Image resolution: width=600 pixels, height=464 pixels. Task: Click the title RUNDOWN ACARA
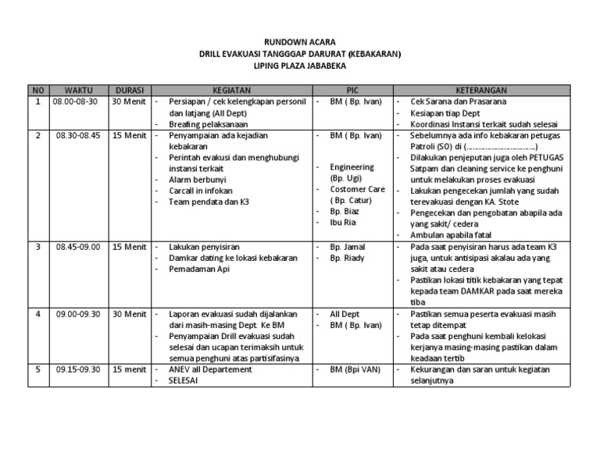(x=300, y=42)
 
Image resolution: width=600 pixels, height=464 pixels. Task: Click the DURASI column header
(x=128, y=90)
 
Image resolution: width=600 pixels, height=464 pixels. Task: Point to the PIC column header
(x=352, y=90)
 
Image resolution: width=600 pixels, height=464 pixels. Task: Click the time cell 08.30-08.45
(x=78, y=135)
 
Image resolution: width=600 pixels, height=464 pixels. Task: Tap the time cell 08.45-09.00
(x=78, y=247)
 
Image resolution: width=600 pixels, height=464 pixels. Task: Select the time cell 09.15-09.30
(x=78, y=369)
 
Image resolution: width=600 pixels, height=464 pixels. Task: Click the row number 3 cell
(x=37, y=247)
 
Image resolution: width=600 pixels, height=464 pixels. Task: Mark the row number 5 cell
(x=37, y=369)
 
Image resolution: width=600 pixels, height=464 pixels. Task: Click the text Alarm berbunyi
(x=198, y=180)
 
